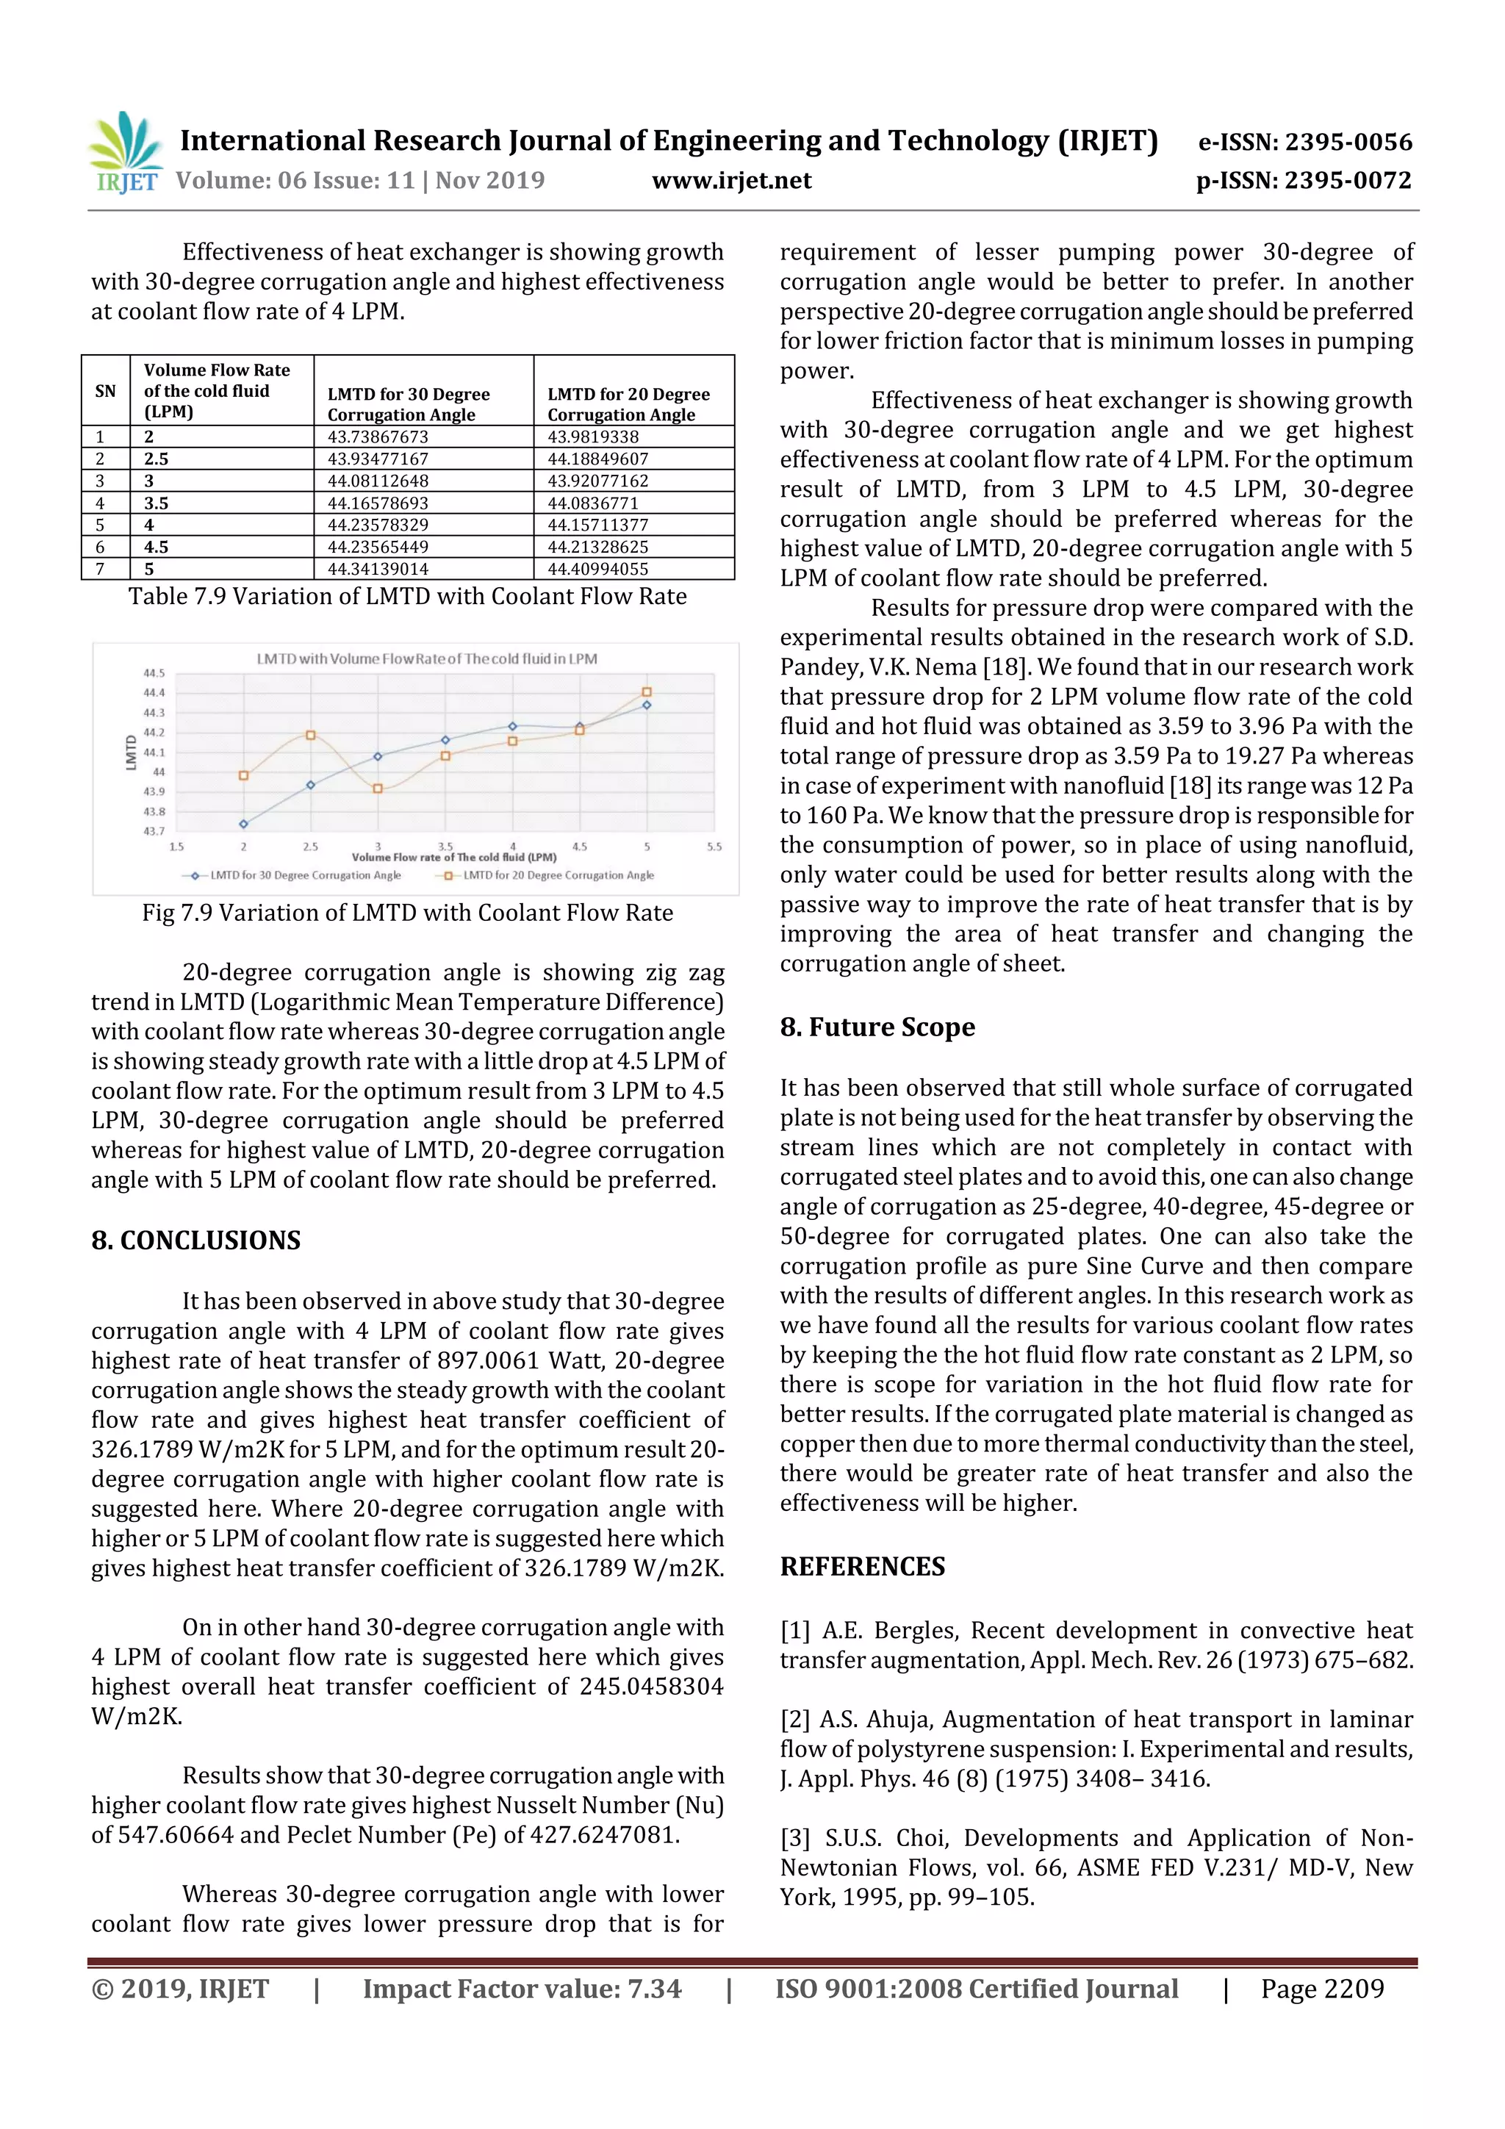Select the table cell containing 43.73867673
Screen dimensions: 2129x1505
pyautogui.click(x=378, y=437)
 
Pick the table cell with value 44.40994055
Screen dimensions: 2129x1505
pyautogui.click(x=597, y=568)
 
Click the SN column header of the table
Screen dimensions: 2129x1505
pyautogui.click(x=106, y=390)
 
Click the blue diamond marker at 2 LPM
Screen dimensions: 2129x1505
pyautogui.click(x=244, y=823)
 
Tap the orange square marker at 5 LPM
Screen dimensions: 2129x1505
pyautogui.click(x=647, y=692)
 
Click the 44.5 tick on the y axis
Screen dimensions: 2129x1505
pyautogui.click(x=154, y=673)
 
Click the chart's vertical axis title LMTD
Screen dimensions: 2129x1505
pyautogui.click(x=131, y=752)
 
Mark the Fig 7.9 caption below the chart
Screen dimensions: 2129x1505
pyautogui.click(x=407, y=913)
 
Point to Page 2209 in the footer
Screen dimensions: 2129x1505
pyautogui.click(x=1321, y=1988)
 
